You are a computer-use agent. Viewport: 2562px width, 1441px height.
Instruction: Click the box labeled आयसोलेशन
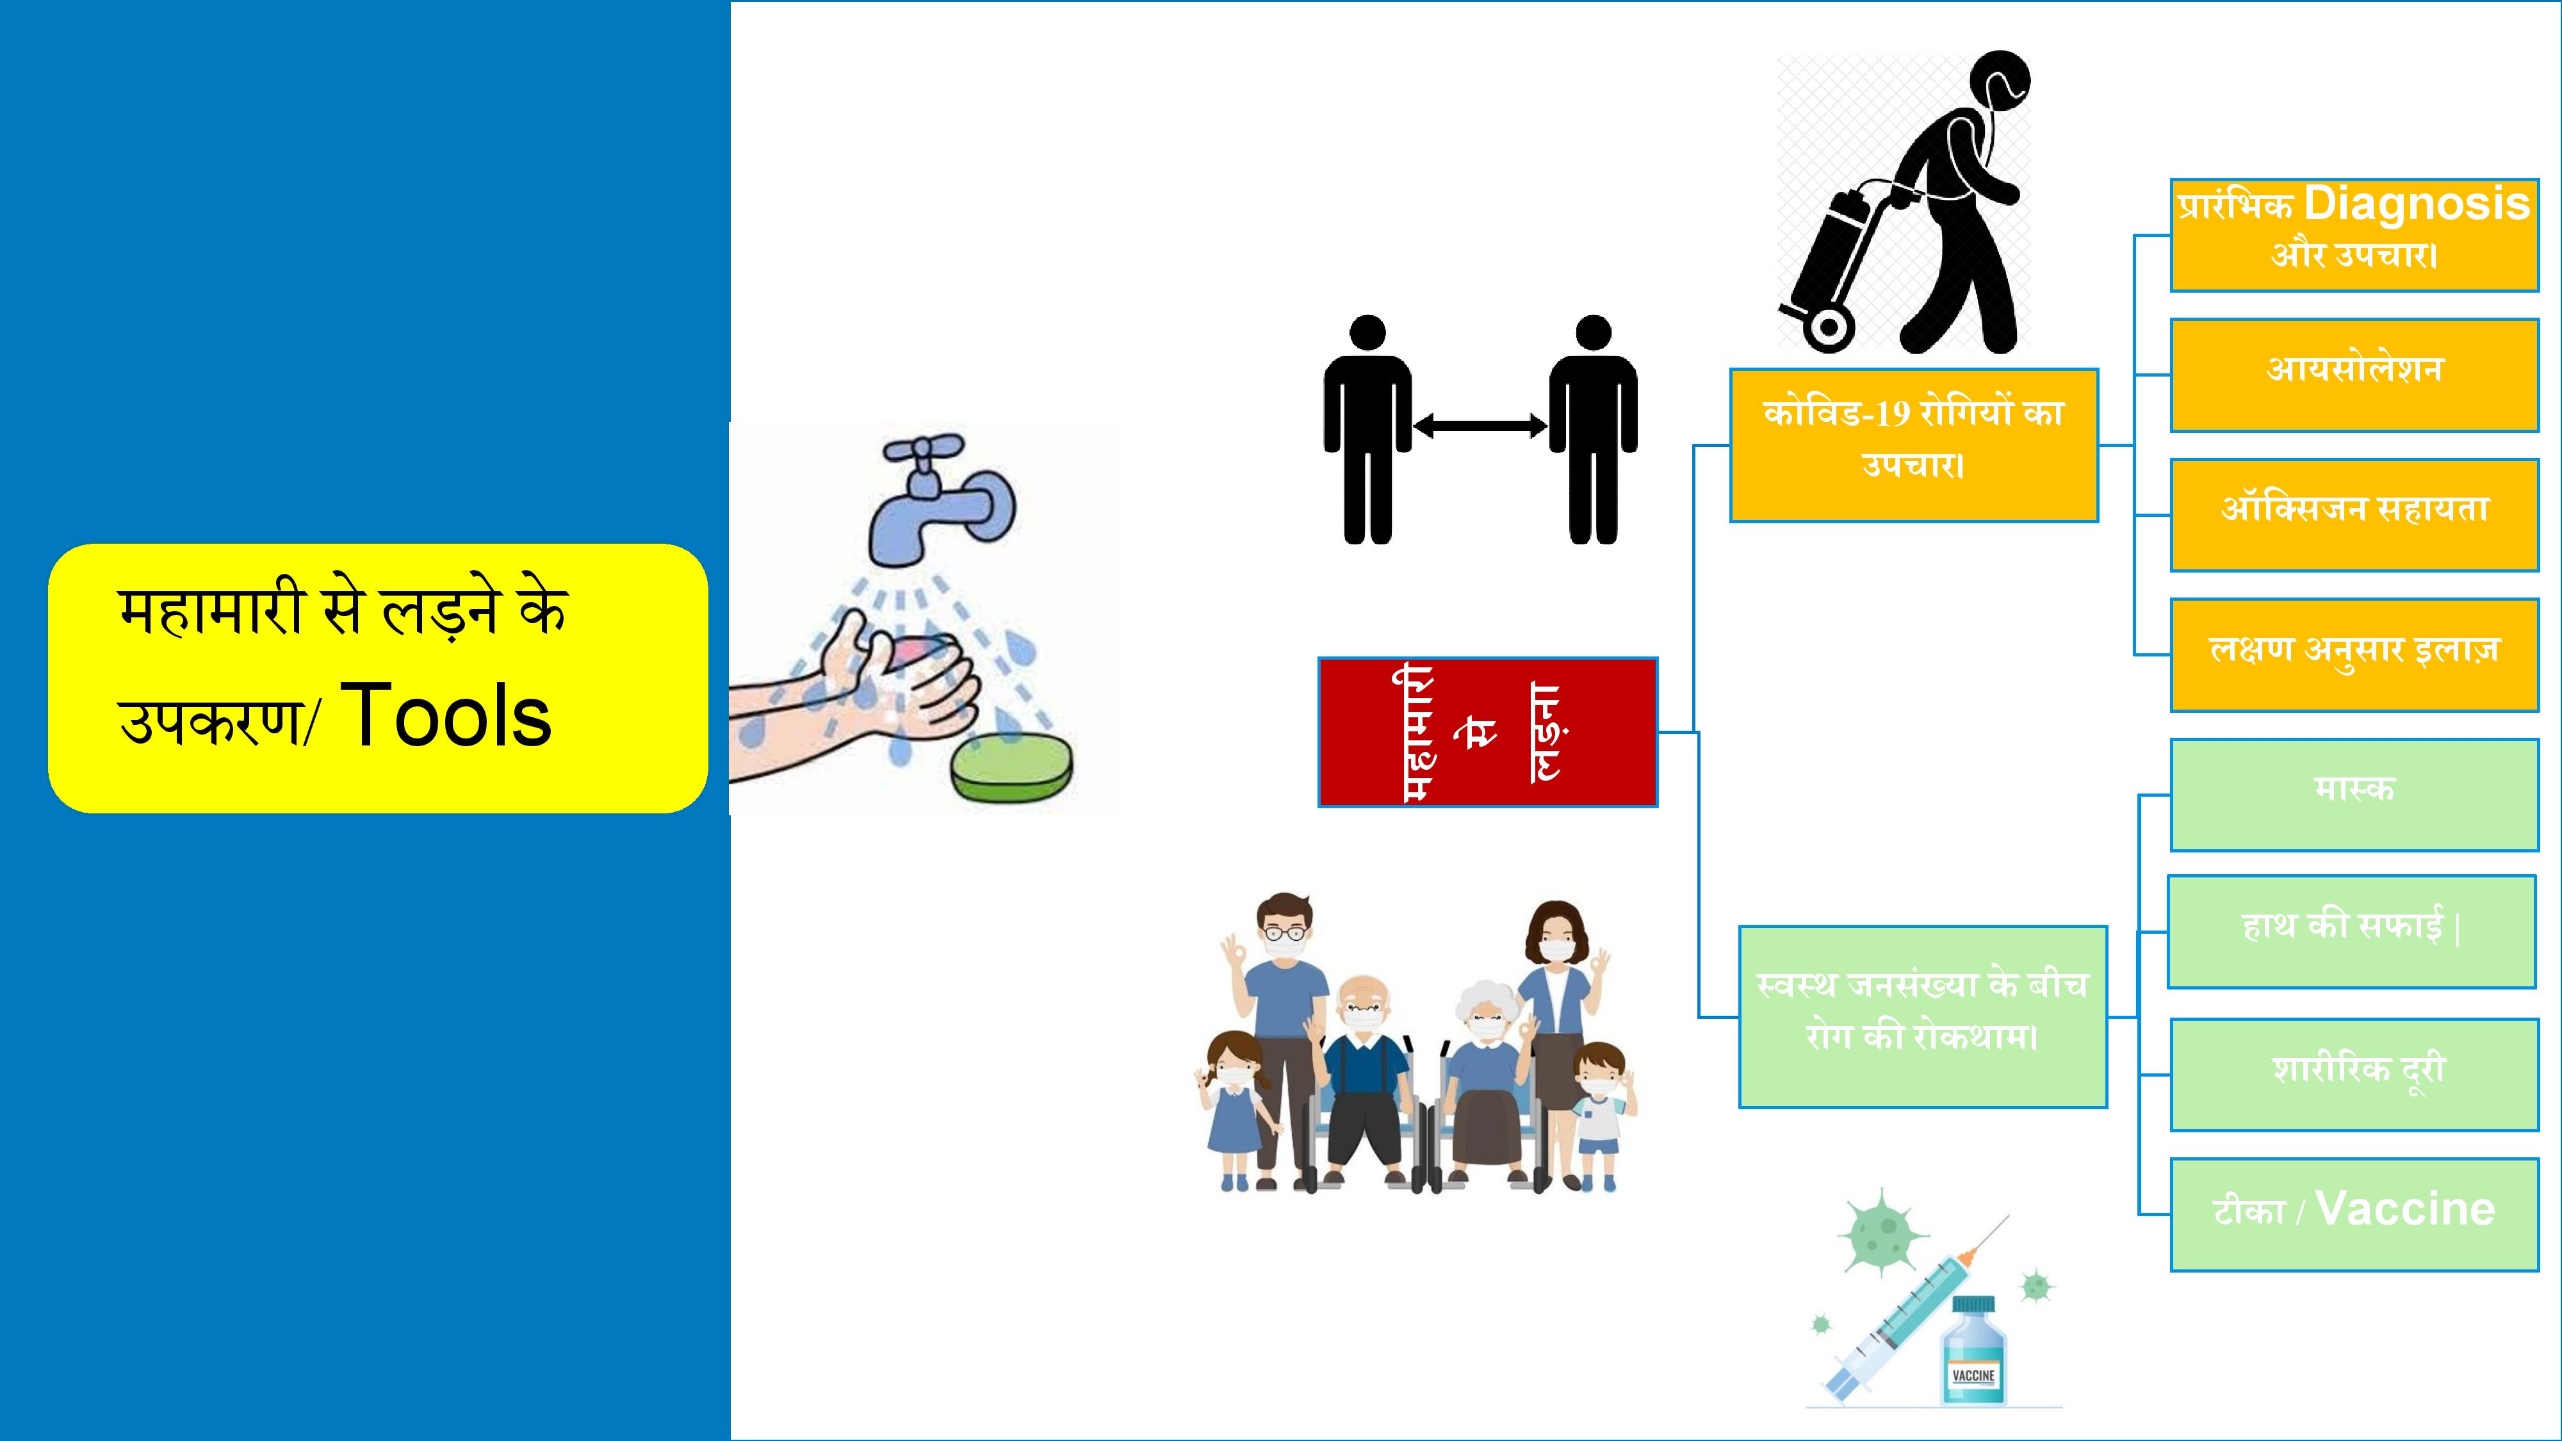point(2354,375)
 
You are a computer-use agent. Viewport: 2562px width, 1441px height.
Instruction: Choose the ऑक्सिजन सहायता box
point(2354,515)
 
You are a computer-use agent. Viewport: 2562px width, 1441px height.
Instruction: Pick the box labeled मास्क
point(2354,795)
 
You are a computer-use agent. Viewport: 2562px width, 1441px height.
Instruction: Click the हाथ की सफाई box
point(2351,932)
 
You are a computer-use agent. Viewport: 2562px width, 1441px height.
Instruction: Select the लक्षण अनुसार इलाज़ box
point(2354,655)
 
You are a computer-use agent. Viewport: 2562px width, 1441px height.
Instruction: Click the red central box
point(1488,732)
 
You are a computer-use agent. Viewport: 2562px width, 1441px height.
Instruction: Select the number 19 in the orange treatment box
point(1891,412)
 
